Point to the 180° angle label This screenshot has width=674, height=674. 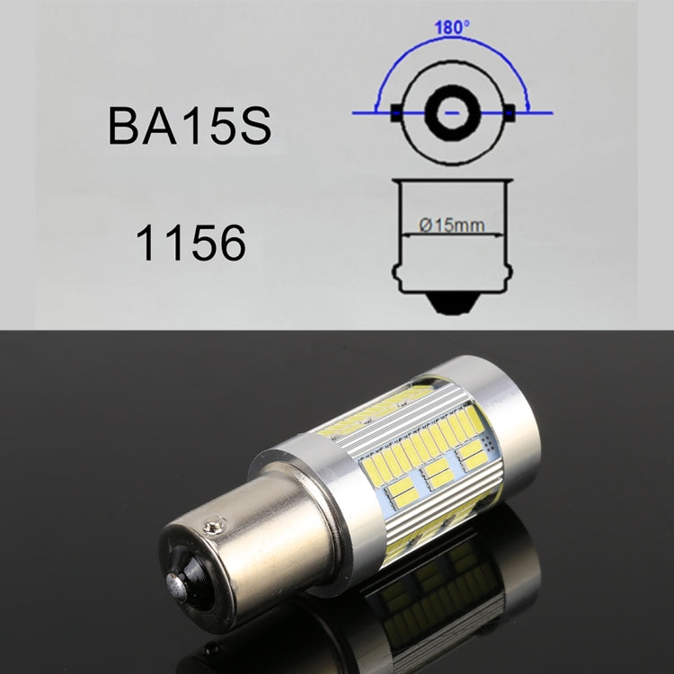click(x=453, y=25)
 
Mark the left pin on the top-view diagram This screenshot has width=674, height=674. click(x=395, y=113)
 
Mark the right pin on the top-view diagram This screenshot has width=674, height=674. click(x=510, y=113)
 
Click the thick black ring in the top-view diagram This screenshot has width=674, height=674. click(x=453, y=112)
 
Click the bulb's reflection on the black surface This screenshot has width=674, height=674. click(x=431, y=602)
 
